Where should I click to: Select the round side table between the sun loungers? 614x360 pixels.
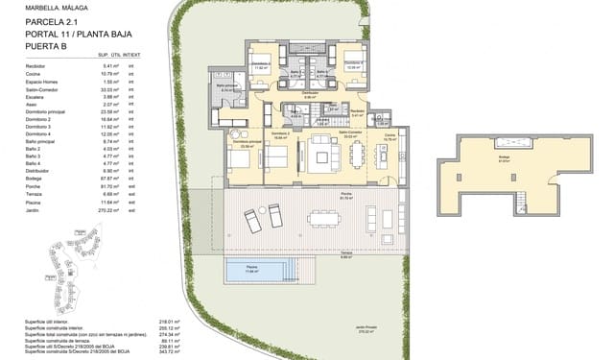pos(262,214)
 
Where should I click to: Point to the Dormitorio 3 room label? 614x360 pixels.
pos(261,66)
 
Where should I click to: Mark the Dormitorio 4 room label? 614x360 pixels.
pos(352,66)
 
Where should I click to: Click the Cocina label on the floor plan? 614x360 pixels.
pos(390,136)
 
